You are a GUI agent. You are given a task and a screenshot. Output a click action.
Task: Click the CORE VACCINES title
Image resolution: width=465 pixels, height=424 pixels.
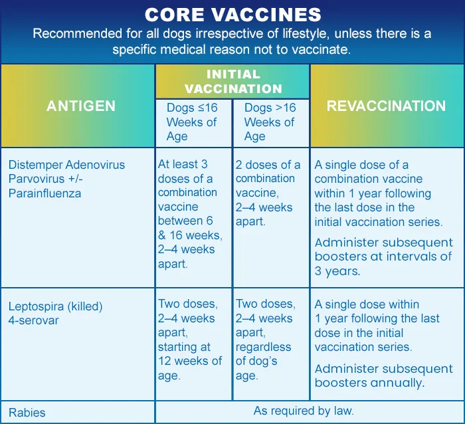point(232,15)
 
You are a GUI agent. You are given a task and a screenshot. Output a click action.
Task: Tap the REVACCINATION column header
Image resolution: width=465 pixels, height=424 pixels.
point(387,106)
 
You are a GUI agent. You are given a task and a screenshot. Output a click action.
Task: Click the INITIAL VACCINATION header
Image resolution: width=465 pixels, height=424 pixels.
point(232,81)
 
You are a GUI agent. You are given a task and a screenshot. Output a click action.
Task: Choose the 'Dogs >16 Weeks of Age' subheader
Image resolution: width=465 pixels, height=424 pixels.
point(270,122)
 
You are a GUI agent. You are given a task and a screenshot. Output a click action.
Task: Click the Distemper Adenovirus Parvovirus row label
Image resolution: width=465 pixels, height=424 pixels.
point(66,178)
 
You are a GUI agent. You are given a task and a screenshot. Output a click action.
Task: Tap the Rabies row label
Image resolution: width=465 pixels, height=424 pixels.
point(27,412)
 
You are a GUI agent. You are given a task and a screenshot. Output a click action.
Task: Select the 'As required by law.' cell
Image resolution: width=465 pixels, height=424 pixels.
point(304,411)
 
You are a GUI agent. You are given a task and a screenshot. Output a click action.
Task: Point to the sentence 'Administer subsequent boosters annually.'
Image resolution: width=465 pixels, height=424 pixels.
point(383,375)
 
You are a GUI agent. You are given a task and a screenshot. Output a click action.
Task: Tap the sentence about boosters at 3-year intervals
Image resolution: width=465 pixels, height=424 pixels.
point(383,257)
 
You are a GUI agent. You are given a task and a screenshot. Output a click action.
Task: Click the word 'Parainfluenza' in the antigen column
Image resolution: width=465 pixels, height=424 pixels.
point(45,193)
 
